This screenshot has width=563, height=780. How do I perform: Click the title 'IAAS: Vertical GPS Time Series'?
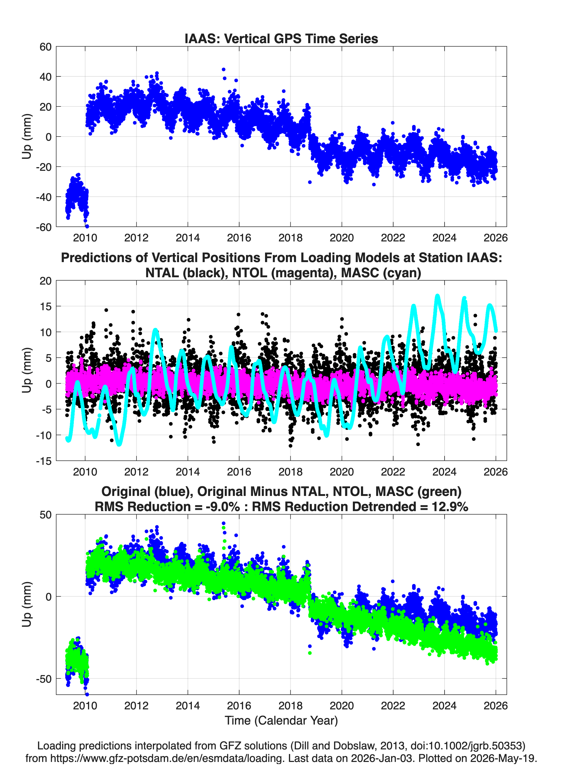point(281,38)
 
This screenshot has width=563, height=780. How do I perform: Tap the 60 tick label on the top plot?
point(45,47)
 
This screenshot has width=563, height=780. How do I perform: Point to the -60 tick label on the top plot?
point(44,227)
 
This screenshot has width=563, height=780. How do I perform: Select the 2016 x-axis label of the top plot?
point(239,238)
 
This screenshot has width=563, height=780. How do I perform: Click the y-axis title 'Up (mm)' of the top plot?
point(27,137)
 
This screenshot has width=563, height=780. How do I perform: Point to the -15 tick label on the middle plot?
point(44,461)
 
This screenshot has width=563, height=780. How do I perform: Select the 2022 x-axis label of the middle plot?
point(393,472)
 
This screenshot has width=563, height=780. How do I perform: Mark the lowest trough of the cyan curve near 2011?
point(119,444)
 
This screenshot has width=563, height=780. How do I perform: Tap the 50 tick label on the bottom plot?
point(46,515)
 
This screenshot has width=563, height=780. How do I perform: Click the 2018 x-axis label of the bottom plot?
point(290,706)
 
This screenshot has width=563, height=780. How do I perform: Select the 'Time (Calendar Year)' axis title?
point(281,721)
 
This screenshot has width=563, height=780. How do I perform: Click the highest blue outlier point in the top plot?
point(223,70)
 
